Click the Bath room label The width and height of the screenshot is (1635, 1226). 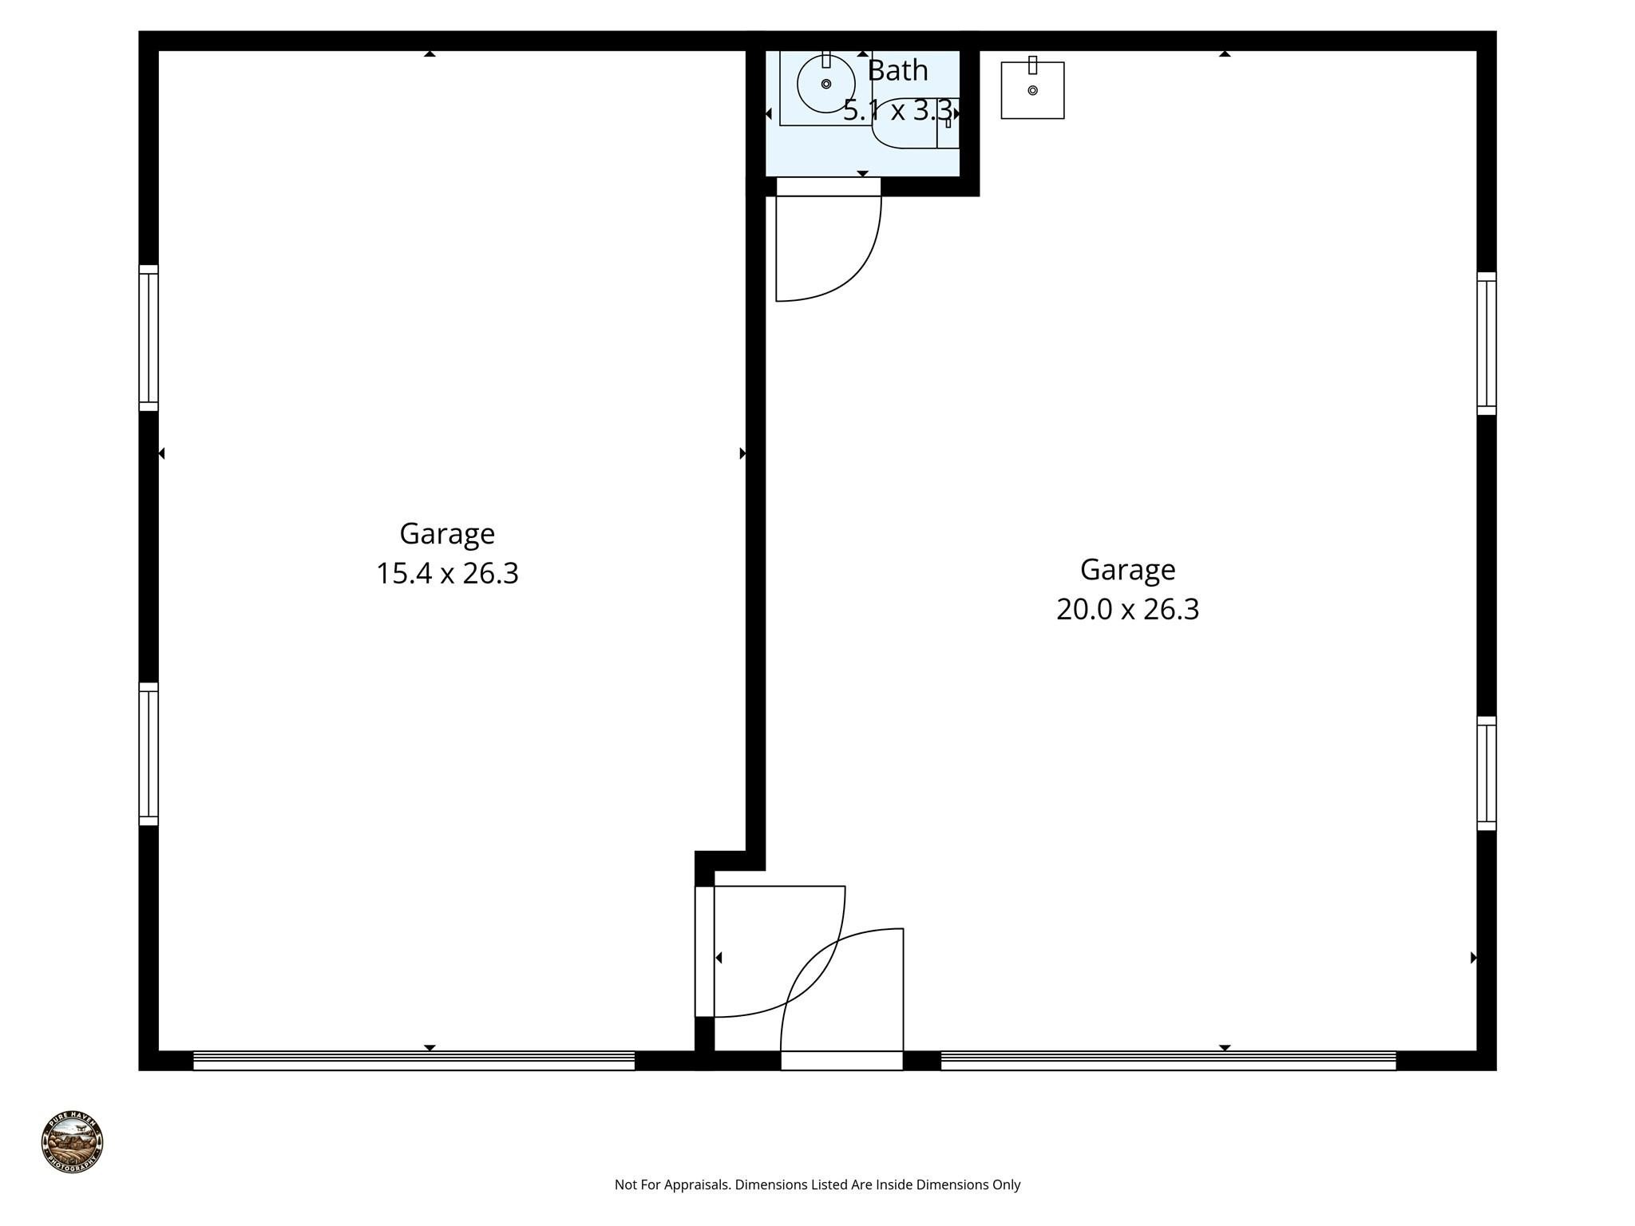click(x=897, y=71)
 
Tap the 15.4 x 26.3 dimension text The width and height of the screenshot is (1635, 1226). click(x=447, y=574)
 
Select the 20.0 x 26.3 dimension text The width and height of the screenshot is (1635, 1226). click(x=1127, y=610)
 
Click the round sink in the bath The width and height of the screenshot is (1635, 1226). click(x=825, y=84)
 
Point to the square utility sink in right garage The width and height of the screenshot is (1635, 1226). click(x=1032, y=90)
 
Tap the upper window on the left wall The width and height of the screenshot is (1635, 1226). click(x=148, y=338)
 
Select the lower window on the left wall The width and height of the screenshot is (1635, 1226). click(x=148, y=754)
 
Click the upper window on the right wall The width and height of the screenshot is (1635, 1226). click(x=1486, y=343)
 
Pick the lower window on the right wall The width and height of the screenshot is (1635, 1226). click(x=1486, y=773)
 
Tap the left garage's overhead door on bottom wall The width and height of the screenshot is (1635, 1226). click(x=414, y=1060)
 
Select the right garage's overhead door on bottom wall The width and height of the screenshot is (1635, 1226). click(x=1168, y=1060)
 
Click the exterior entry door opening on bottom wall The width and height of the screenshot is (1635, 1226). click(x=841, y=1060)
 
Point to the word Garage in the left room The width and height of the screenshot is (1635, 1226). click(x=447, y=533)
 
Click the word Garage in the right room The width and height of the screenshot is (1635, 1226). click(x=1127, y=570)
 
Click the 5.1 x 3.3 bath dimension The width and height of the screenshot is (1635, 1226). click(x=897, y=111)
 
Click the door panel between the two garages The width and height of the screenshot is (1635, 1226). click(x=704, y=951)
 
